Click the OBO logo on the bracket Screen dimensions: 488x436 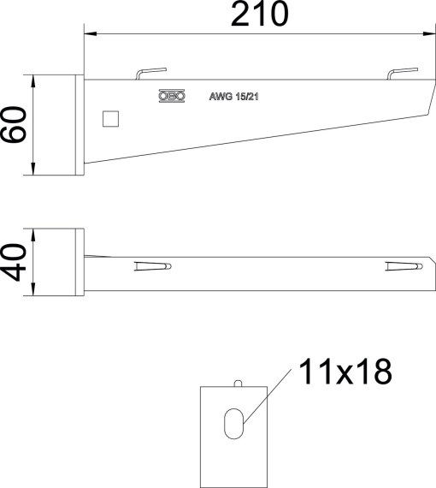172,98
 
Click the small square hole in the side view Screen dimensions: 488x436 109,118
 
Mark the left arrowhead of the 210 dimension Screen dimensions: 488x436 89,35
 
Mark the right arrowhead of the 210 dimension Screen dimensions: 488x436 423,35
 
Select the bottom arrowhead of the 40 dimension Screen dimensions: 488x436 32,292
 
